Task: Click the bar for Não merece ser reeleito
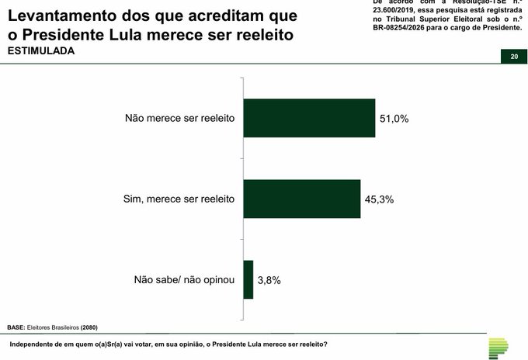(309, 119)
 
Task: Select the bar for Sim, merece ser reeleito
(302, 199)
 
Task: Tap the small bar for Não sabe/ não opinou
(248, 279)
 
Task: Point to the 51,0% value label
(394, 119)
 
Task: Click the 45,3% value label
(379, 199)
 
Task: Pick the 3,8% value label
(269, 280)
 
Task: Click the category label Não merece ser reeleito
(179, 119)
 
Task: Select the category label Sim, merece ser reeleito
(179, 199)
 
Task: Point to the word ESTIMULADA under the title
(42, 50)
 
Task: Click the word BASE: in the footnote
(16, 327)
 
